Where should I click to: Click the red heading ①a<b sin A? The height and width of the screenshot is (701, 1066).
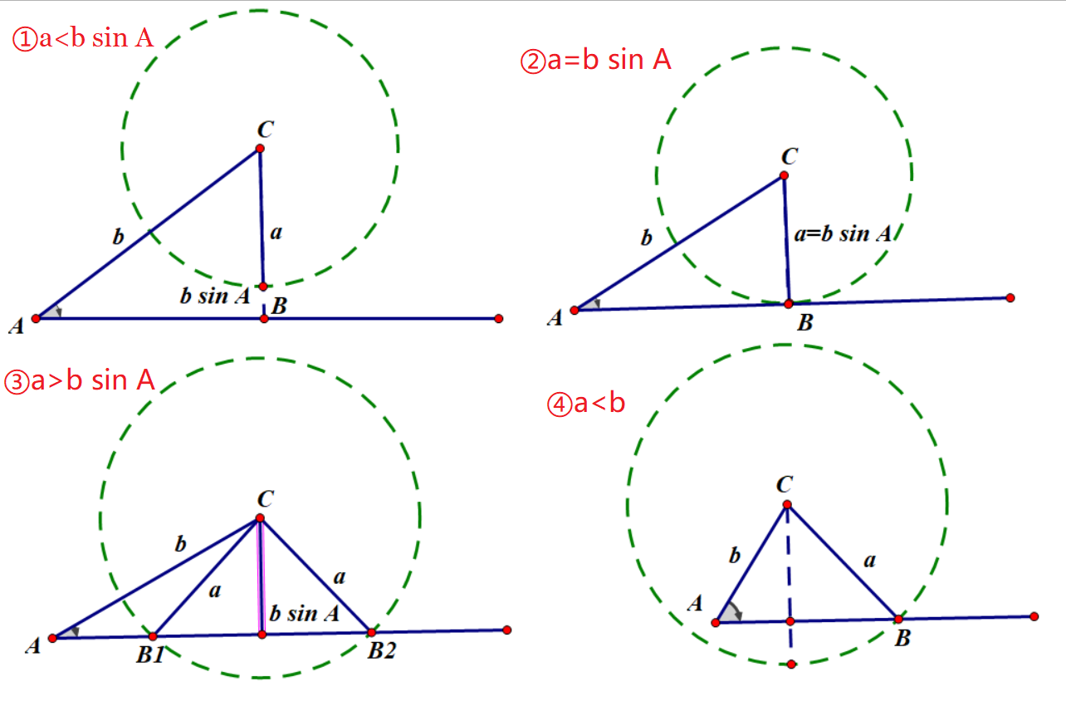[82, 38]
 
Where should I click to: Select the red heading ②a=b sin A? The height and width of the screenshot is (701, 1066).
[595, 61]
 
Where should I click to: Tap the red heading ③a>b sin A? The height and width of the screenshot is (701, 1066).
[80, 380]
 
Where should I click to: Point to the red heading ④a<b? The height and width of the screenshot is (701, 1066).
[585, 404]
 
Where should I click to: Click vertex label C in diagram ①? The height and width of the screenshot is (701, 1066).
[266, 129]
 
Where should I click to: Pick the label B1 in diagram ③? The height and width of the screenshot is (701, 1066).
[150, 655]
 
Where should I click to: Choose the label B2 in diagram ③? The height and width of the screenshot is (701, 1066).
[381, 651]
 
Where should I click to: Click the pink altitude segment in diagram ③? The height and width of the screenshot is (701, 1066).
[261, 577]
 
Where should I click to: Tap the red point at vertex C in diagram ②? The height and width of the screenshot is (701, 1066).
[783, 175]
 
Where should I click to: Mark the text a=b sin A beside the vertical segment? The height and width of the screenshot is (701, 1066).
[841, 234]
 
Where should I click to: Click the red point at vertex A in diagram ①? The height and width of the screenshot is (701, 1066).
[36, 318]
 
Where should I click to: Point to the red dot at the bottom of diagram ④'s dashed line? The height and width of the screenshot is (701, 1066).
[791, 664]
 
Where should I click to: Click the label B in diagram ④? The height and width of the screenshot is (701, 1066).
[903, 638]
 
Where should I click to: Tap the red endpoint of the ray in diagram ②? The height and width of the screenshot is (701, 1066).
[1010, 297]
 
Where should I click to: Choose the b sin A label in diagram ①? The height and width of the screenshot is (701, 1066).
[214, 296]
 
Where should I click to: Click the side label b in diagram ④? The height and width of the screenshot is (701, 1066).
[734, 556]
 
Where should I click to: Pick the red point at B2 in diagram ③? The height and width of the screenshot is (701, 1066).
[371, 632]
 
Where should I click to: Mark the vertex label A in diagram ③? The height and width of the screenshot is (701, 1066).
[33, 646]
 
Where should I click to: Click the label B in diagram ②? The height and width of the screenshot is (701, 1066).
[804, 324]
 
